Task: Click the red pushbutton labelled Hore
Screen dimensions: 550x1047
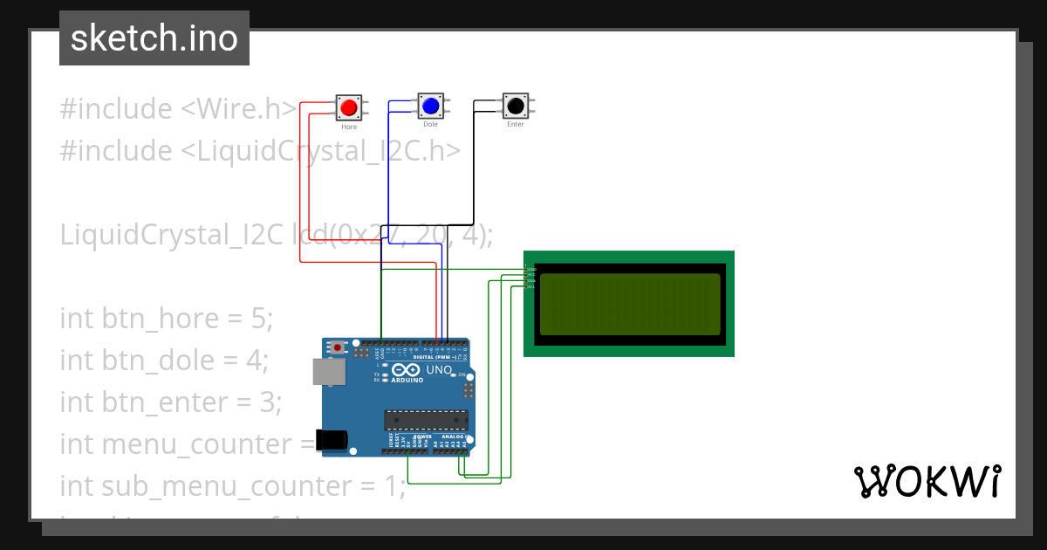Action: coord(349,107)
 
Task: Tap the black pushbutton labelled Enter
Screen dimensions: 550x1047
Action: coord(515,106)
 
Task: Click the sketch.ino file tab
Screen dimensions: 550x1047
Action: coord(154,38)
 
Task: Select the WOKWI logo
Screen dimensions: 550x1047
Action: coord(927,482)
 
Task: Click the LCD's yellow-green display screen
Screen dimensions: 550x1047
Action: coord(630,304)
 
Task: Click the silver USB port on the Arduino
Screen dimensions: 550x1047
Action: coord(329,373)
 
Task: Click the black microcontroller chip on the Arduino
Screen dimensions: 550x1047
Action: coord(427,419)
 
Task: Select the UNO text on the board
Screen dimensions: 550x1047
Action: coord(439,370)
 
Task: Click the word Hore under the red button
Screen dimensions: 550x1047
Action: coord(349,127)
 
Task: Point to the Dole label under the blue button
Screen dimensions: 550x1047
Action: coord(430,125)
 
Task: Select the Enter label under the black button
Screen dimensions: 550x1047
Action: coord(515,125)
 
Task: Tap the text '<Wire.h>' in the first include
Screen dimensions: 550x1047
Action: coord(238,109)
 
